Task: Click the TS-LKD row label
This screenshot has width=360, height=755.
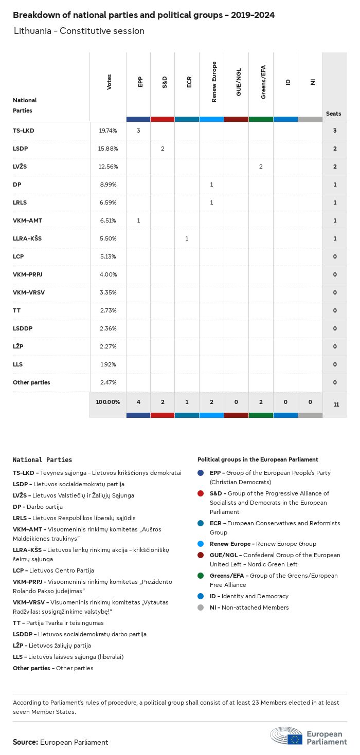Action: click(23, 131)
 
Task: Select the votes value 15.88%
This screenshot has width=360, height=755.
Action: click(108, 149)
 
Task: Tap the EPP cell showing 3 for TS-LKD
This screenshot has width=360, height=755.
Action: click(138, 131)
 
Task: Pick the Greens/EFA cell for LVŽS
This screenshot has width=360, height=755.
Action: click(261, 167)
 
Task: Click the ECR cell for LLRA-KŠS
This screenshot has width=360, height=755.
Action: click(187, 238)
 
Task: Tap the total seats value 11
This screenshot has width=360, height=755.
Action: click(336, 404)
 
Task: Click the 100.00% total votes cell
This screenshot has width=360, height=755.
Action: click(108, 401)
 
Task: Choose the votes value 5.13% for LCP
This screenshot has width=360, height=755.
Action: click(108, 256)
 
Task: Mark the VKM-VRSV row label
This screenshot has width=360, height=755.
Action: click(29, 292)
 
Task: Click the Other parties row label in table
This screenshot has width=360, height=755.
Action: click(31, 382)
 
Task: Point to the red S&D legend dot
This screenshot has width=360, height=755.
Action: click(201, 493)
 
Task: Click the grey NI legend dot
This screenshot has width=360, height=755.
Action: click(201, 607)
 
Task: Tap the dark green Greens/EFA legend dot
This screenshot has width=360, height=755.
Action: click(201, 576)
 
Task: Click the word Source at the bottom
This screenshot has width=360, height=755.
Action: click(25, 742)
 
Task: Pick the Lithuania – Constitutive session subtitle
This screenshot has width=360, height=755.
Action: click(79, 31)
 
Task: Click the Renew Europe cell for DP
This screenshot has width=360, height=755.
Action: click(211, 185)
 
